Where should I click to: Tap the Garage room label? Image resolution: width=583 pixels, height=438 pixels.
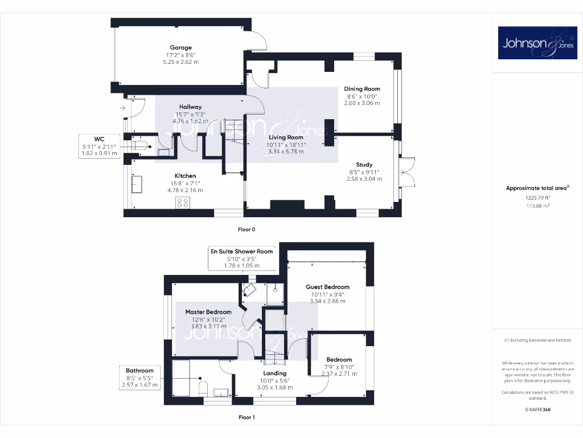point(180,48)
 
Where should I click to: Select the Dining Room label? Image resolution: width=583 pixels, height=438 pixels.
point(362,89)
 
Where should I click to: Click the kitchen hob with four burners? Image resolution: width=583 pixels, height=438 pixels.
point(183,203)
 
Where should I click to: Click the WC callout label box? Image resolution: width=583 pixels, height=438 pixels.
point(99,145)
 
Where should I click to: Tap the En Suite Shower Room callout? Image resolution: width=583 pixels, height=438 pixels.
point(241,258)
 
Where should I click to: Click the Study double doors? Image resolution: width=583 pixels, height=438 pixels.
point(408,172)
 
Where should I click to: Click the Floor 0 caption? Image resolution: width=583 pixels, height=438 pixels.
point(247,229)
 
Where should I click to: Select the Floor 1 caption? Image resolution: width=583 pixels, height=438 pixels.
point(247,417)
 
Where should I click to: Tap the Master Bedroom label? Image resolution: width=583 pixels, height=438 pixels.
point(208,313)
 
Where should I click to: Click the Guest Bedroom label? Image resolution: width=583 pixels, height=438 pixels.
point(327,287)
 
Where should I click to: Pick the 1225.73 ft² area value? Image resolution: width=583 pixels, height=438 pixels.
point(529,198)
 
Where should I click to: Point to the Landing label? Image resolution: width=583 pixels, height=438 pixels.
point(274,374)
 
